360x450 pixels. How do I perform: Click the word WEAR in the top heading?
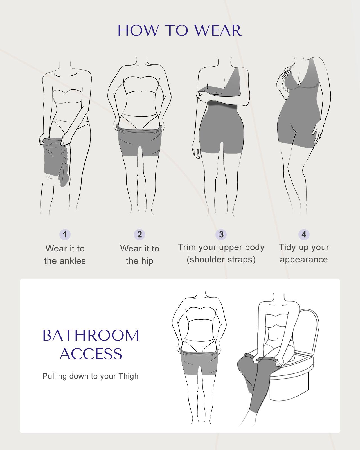tap(218, 31)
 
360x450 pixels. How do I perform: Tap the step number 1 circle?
tap(65, 234)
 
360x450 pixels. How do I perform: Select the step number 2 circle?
tap(139, 234)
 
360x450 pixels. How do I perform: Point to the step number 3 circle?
tap(221, 234)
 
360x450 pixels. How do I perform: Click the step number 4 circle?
tap(304, 234)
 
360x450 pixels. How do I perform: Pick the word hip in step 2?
tap(147, 261)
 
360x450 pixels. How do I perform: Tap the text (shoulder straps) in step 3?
tap(221, 260)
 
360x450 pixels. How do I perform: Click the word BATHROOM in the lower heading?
tap(91, 336)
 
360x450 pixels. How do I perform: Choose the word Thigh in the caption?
tap(129, 376)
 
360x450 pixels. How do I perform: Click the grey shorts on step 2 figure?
tap(140, 141)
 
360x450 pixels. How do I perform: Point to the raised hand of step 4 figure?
tap(283, 82)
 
